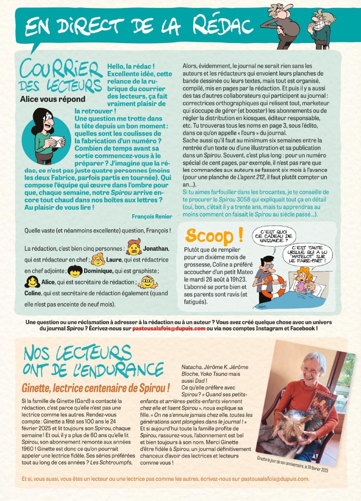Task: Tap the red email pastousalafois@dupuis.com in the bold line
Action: [168, 328]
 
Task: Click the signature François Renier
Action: [152, 216]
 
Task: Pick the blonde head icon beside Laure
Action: [99, 259]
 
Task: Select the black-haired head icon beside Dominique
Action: [75, 271]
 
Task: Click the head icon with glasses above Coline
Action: [147, 282]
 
